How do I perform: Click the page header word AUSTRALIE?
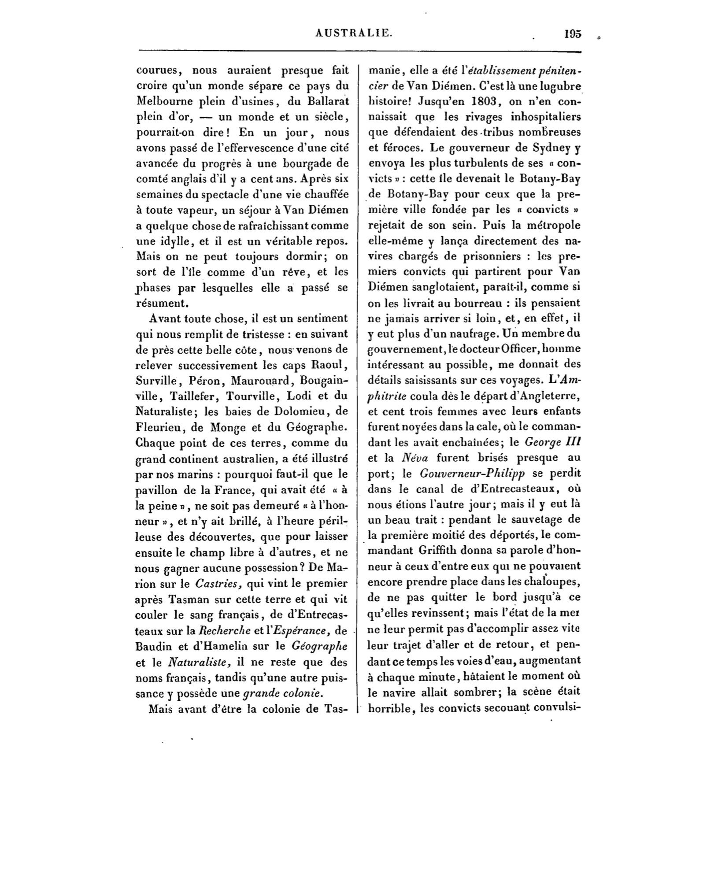(x=359, y=33)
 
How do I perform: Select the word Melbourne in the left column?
(x=163, y=101)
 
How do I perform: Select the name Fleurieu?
(x=160, y=427)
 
